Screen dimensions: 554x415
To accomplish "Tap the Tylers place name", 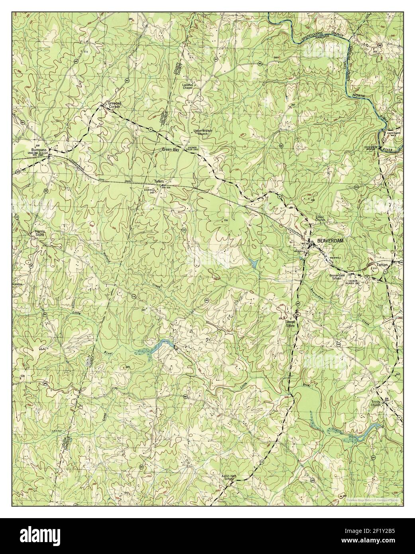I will [159, 181].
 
